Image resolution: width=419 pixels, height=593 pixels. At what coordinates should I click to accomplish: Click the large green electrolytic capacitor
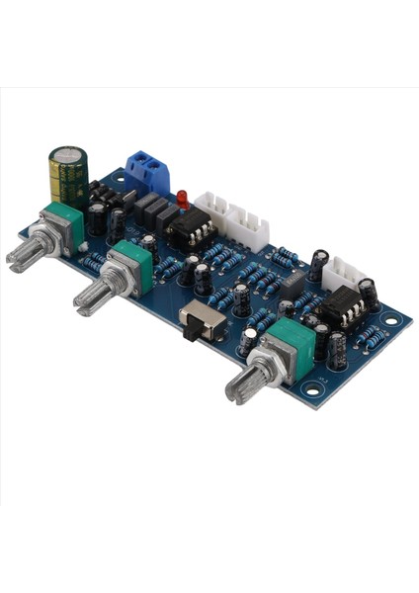(68, 176)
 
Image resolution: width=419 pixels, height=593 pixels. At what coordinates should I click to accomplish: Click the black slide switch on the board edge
(202, 322)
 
